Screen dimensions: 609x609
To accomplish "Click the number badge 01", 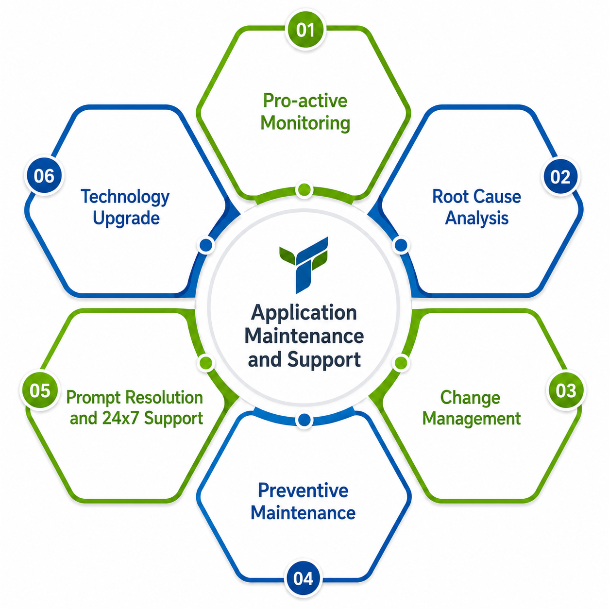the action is (305, 30).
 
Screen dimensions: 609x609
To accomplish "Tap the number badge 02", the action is (560, 176).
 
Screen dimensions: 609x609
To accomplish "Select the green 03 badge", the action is (566, 390).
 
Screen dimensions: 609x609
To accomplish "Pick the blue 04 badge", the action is (303, 578).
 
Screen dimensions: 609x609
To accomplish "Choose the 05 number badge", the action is (40, 390).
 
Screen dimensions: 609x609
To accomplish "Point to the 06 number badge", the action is (44, 176).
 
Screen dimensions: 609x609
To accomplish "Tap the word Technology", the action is (125, 197).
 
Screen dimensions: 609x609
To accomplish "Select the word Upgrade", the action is (126, 218).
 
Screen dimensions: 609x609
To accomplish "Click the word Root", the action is (446, 197).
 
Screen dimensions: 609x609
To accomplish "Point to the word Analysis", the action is (476, 218).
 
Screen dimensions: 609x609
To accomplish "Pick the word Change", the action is (470, 398).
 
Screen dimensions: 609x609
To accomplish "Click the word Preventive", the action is (303, 490).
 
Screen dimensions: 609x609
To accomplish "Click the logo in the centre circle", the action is (304, 265).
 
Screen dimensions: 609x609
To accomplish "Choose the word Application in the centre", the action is (304, 313).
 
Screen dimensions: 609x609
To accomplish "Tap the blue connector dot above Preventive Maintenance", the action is (304, 420).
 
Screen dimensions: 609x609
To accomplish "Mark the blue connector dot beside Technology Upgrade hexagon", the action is (206, 245).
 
